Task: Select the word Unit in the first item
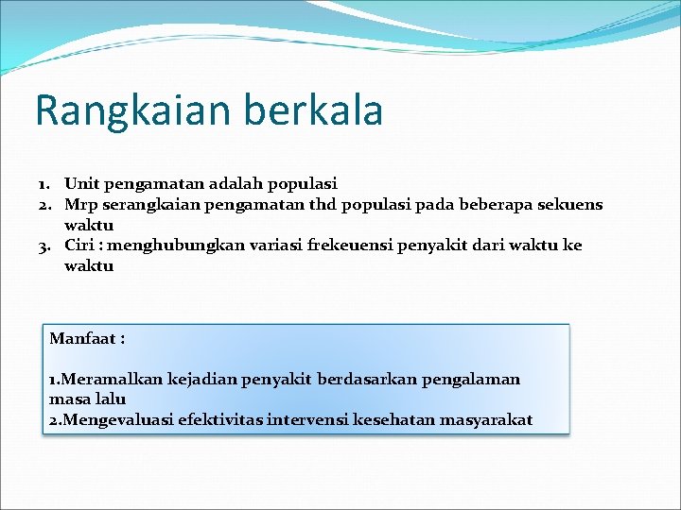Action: pyautogui.click(x=79, y=183)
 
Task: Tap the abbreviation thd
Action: pyautogui.click(x=321, y=204)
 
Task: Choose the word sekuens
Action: pyautogui.click(x=570, y=204)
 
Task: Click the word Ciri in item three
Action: pyautogui.click(x=79, y=246)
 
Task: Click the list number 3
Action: pyautogui.click(x=44, y=246)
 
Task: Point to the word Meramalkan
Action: pyautogui.click(x=111, y=379)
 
